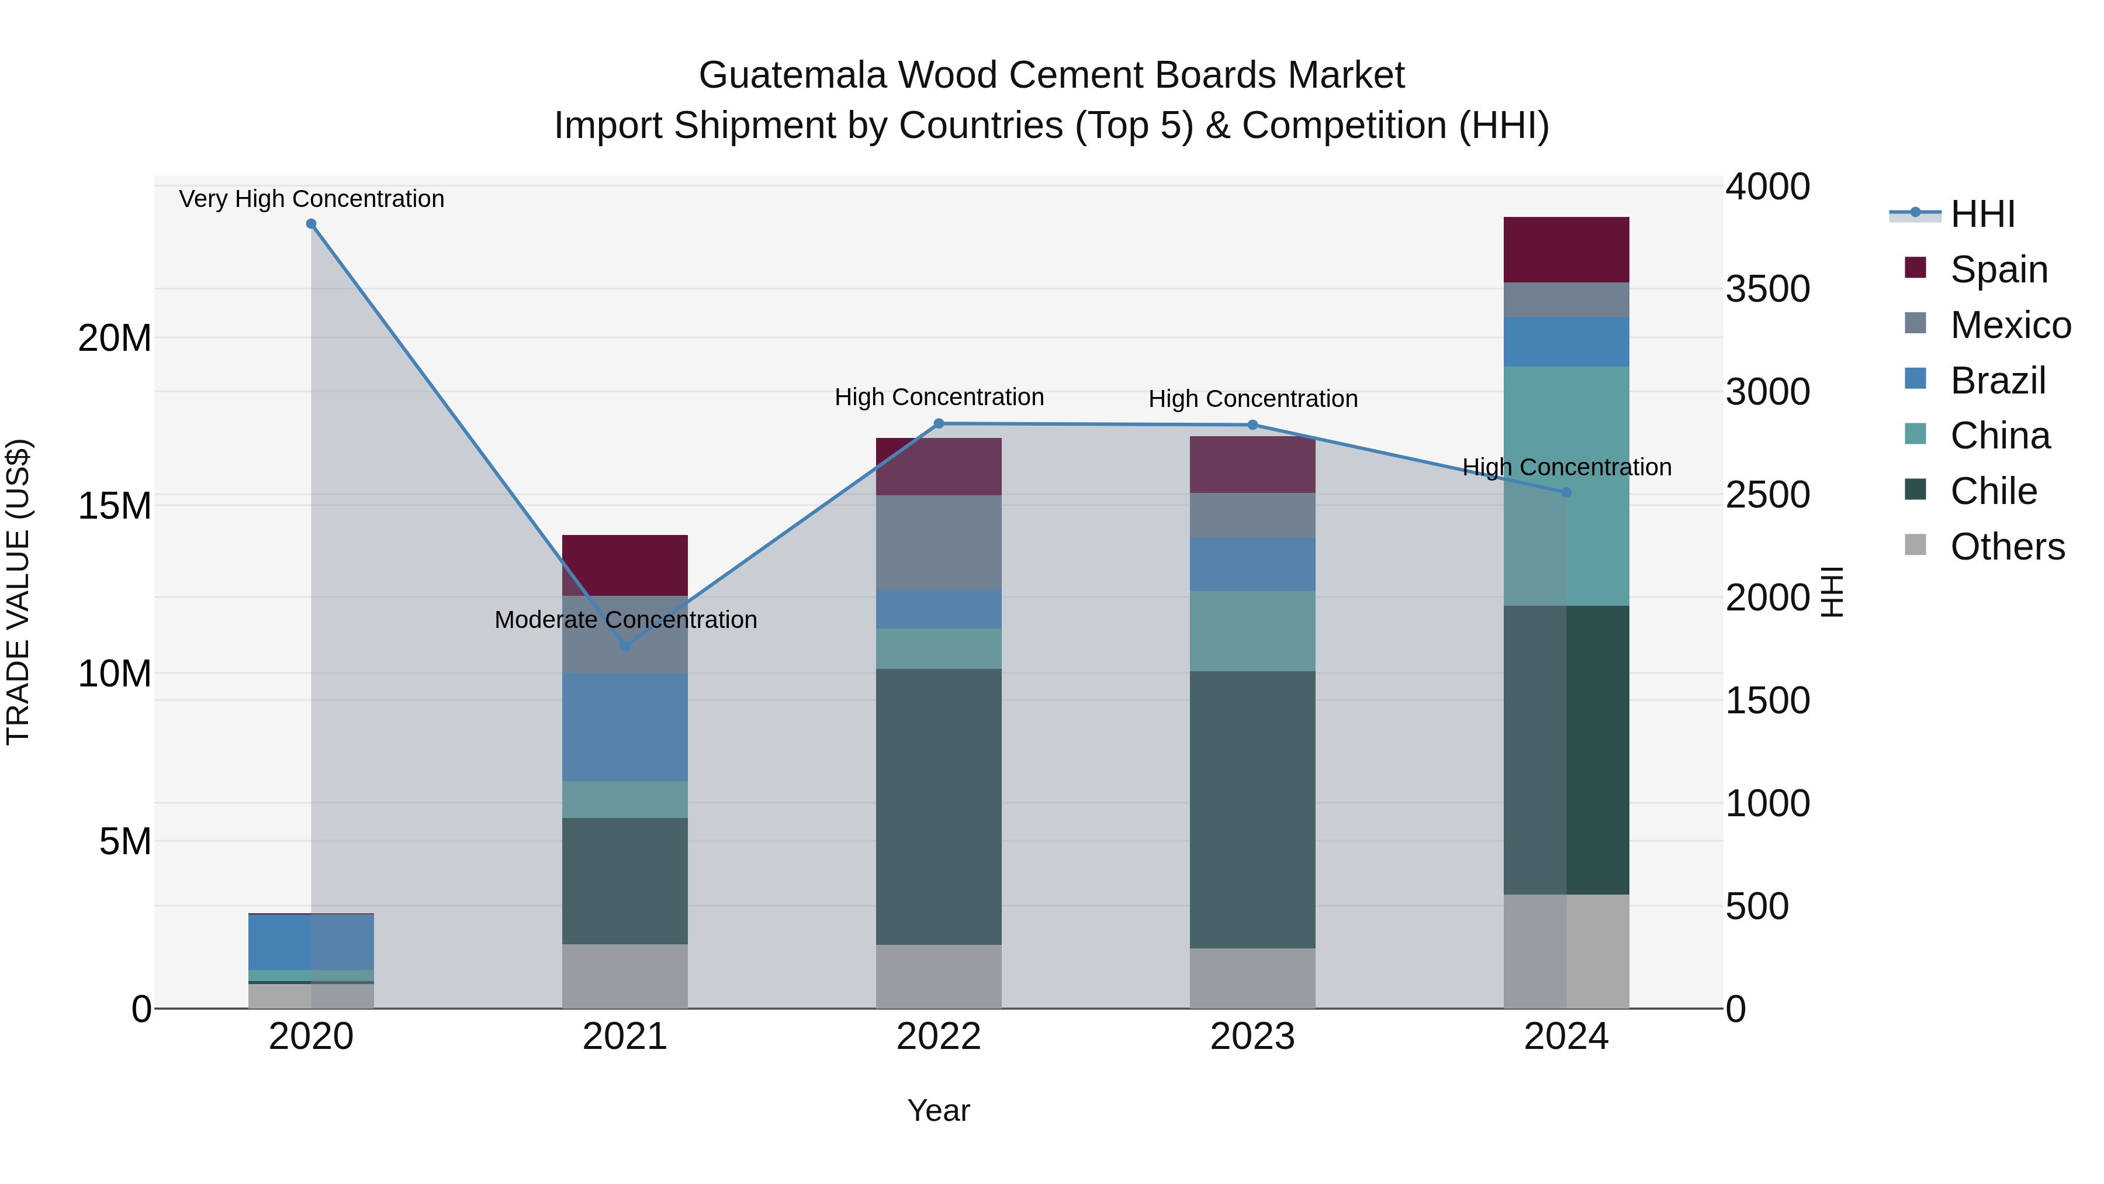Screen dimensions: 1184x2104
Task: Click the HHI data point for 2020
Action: tap(311, 224)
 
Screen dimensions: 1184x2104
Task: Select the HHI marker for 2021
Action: tap(625, 646)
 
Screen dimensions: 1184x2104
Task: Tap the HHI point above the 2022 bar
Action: tap(939, 423)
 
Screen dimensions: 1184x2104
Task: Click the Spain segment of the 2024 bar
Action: tap(1566, 249)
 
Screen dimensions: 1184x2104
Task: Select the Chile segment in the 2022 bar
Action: tap(939, 806)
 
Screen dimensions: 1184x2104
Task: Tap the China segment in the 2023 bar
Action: tap(1252, 631)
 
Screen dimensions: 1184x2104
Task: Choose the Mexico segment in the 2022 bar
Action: tap(939, 542)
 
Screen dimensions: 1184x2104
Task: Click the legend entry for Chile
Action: tap(1993, 491)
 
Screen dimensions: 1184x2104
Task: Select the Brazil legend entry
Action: tap(1997, 381)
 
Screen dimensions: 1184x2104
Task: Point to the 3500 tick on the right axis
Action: tap(1767, 289)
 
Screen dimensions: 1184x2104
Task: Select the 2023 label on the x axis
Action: tap(1252, 1037)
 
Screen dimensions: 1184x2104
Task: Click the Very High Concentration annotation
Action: tap(311, 199)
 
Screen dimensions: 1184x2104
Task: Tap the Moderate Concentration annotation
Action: tap(625, 619)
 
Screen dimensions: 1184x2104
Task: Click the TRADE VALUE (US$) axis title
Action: tap(18, 592)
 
